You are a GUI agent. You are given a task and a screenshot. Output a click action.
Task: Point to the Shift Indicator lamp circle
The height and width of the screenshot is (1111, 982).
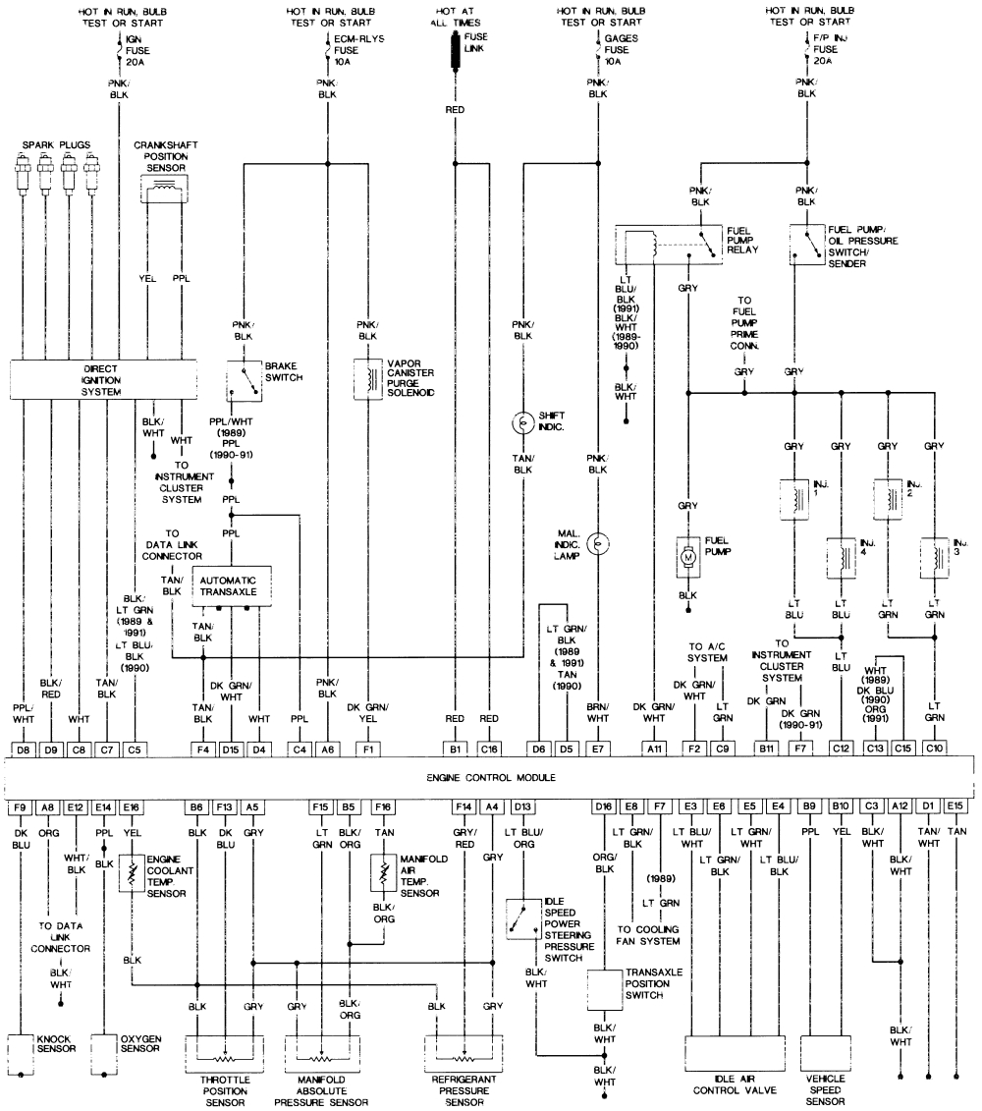(522, 423)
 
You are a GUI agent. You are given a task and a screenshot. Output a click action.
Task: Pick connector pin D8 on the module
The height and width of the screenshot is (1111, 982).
(24, 750)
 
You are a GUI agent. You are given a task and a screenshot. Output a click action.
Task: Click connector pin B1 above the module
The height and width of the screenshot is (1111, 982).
(455, 750)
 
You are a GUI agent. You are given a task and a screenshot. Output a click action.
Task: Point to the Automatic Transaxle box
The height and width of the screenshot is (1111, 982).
(231, 586)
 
